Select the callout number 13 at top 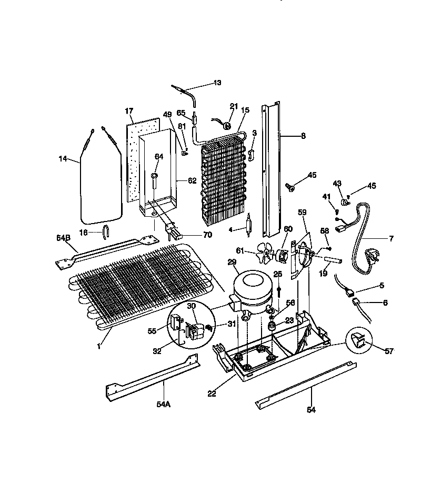(217, 83)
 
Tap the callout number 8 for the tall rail (303, 135)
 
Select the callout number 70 (207, 235)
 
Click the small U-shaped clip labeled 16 (105, 229)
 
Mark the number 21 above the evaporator (234, 106)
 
